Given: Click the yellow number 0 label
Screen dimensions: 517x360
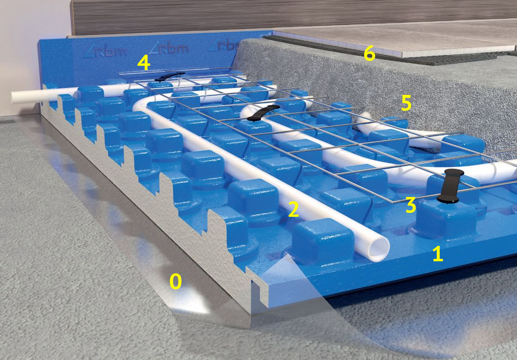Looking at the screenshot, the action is pyautogui.click(x=176, y=282).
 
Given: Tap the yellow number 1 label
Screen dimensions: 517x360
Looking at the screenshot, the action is pyautogui.click(x=438, y=254).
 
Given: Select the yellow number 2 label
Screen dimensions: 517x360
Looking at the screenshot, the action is pyautogui.click(x=294, y=210).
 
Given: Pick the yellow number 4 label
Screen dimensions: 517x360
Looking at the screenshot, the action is pyautogui.click(x=144, y=63).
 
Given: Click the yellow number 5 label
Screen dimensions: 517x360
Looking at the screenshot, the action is pyautogui.click(x=406, y=103).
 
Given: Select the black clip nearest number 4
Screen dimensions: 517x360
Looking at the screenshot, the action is pyautogui.click(x=169, y=76).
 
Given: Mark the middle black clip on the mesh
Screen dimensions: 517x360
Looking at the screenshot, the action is pyautogui.click(x=263, y=113).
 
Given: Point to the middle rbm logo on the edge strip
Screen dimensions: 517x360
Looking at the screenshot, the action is pyautogui.click(x=169, y=48).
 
